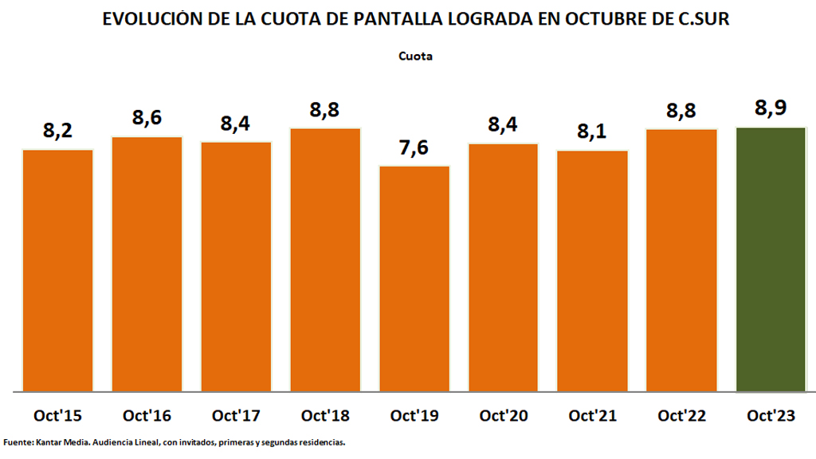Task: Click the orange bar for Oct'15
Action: click(58, 271)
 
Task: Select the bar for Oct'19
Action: click(414, 279)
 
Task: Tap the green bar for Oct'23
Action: click(771, 260)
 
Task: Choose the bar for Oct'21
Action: click(593, 271)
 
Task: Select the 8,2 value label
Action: click(58, 131)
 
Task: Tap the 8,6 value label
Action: click(147, 119)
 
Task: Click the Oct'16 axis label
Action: click(147, 416)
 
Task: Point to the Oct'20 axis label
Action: click(504, 416)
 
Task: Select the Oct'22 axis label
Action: click(682, 416)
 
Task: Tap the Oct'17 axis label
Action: click(237, 416)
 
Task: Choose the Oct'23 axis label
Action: click(771, 416)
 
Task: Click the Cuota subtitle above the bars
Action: click(415, 57)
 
